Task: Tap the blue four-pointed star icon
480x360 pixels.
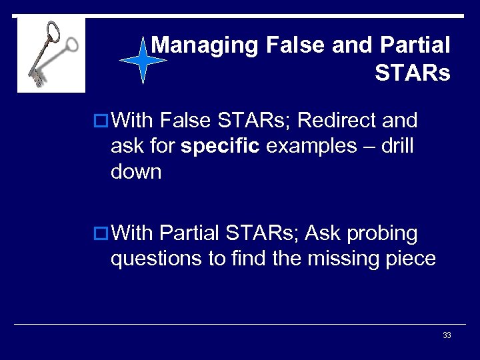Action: tap(143, 60)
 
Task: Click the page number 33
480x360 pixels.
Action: tap(447, 335)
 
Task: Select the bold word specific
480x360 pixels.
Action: tap(219, 146)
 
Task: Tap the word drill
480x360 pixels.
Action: tap(397, 146)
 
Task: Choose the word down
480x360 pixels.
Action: tap(136, 171)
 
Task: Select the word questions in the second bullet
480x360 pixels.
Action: tap(156, 259)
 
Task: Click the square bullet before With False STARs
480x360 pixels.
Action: tap(100, 121)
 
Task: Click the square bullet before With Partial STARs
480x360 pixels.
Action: tap(100, 234)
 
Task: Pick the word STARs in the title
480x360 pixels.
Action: tap(412, 73)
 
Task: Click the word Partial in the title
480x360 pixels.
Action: tap(415, 45)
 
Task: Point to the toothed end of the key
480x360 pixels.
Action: tap(36, 77)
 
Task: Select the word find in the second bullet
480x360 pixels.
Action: tap(248, 259)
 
